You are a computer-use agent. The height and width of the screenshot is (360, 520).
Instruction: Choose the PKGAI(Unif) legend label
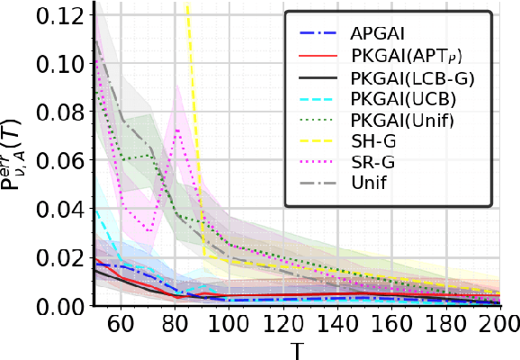point(401,123)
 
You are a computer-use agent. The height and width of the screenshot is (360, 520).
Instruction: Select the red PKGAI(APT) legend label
point(406,56)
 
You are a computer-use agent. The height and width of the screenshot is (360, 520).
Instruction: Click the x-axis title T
point(296,348)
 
